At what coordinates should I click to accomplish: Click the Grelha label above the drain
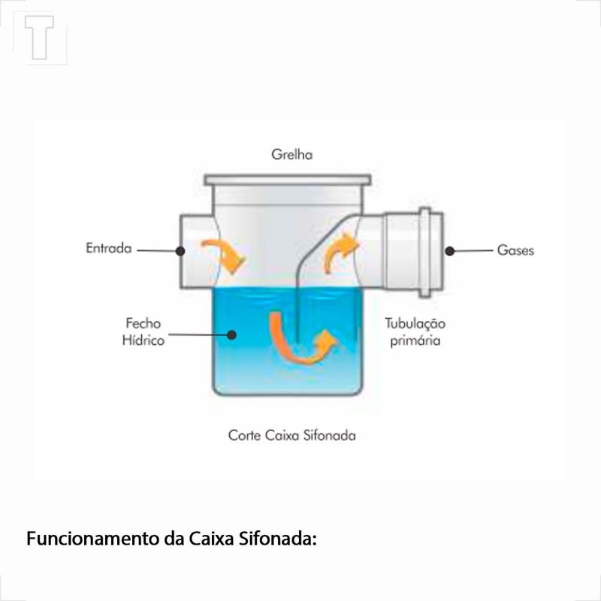click(x=291, y=155)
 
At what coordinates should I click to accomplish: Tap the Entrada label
click(x=109, y=248)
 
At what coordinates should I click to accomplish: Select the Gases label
click(x=515, y=250)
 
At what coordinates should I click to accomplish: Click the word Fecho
click(x=143, y=323)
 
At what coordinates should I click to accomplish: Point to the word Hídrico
click(x=143, y=340)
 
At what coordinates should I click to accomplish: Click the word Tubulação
click(x=415, y=324)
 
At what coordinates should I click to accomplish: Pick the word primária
click(x=415, y=340)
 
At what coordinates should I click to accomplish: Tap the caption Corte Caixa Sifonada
click(x=291, y=436)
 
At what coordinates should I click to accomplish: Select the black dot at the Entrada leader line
click(x=180, y=251)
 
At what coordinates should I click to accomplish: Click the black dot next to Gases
click(x=449, y=251)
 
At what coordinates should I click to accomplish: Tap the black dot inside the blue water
click(x=231, y=334)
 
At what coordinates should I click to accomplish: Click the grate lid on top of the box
click(x=288, y=180)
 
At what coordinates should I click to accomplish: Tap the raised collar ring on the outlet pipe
click(x=424, y=252)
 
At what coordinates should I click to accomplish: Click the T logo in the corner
click(x=39, y=38)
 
